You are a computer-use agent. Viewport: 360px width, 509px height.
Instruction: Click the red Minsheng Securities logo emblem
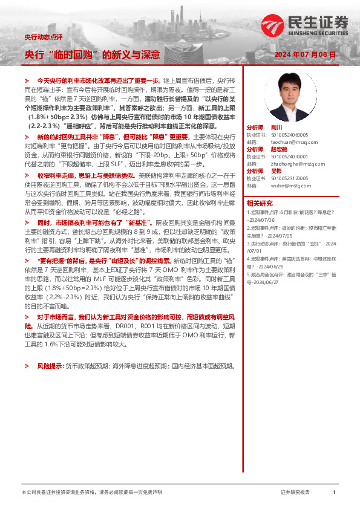pyautogui.click(x=270, y=24)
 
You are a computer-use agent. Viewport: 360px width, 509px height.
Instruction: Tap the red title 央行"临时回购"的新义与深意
pyautogui.click(x=91, y=54)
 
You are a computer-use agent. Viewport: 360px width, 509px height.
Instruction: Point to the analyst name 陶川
pyautogui.click(x=277, y=128)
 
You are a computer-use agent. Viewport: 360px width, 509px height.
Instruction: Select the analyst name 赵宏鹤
pyautogui.click(x=279, y=149)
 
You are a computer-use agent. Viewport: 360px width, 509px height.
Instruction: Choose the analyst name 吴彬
pyautogui.click(x=277, y=172)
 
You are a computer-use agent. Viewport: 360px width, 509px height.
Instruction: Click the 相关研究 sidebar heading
pyautogui.click(x=260, y=203)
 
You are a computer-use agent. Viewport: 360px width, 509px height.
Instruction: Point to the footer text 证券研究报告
pyautogui.click(x=295, y=493)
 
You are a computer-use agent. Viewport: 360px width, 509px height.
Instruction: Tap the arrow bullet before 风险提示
pyautogui.click(x=26, y=366)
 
